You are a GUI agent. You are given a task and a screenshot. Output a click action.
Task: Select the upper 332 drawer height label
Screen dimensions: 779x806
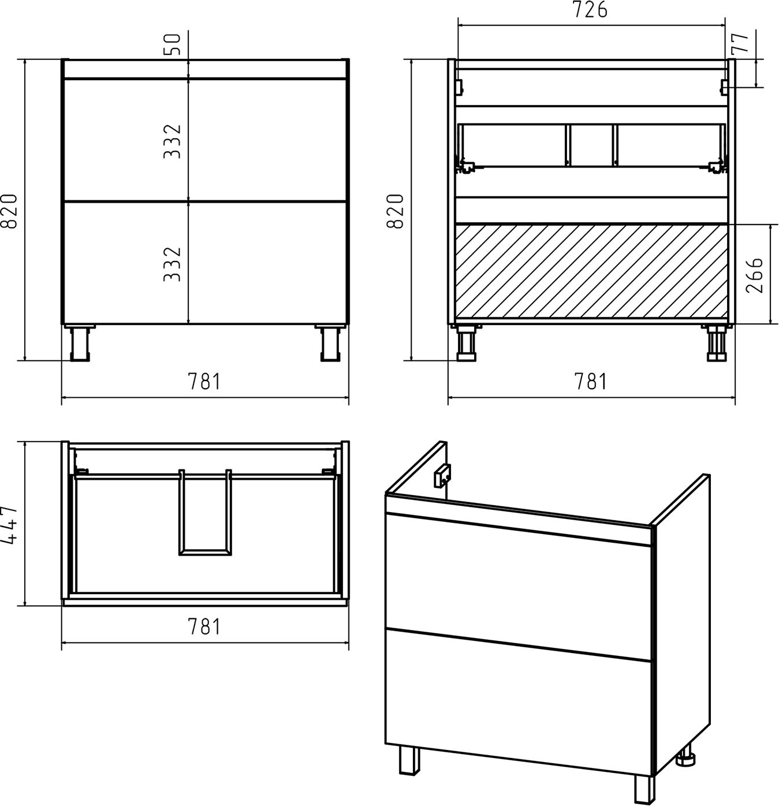point(173,141)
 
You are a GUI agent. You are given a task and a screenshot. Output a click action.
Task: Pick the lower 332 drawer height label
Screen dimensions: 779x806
point(173,264)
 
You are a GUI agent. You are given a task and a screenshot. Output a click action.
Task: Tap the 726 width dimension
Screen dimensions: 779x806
point(591,10)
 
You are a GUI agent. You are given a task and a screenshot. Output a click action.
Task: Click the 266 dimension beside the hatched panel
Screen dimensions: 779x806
point(754,275)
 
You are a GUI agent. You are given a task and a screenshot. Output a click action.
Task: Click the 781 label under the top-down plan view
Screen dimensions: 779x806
point(204,626)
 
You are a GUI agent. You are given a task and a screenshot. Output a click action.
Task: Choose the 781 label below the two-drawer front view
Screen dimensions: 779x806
point(204,382)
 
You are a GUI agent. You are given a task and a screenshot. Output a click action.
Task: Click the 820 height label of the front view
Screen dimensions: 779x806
point(9,211)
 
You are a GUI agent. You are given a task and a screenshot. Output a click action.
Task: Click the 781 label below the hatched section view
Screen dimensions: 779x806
point(591,382)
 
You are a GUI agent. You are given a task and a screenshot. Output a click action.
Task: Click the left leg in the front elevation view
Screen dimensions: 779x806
point(80,343)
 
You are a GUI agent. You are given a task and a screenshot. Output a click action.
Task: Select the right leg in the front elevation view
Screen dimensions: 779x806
point(330,343)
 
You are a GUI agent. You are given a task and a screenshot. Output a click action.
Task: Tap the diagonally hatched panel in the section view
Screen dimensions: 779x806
point(591,274)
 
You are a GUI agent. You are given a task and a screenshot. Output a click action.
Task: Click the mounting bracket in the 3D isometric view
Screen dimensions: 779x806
point(442,476)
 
